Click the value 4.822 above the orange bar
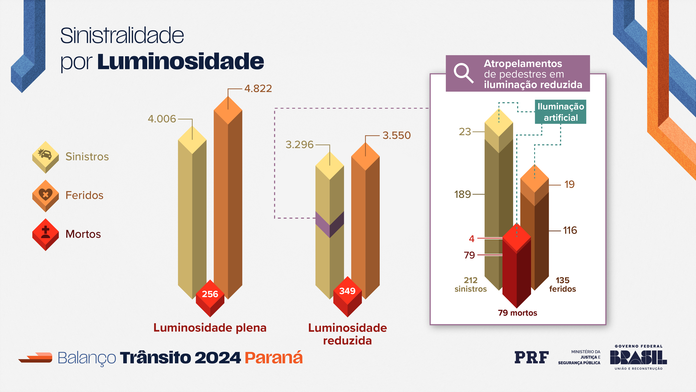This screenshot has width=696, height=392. (x=258, y=88)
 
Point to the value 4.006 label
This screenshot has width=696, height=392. (x=162, y=119)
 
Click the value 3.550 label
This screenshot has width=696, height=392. (x=396, y=135)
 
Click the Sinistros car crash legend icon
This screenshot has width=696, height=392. (x=45, y=156)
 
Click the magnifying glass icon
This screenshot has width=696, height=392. (x=463, y=73)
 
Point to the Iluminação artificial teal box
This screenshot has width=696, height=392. (x=560, y=112)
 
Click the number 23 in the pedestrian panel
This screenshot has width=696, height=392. (x=465, y=132)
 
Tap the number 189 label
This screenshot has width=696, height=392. (x=462, y=194)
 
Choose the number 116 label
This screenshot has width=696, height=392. (x=570, y=230)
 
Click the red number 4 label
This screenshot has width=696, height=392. (x=471, y=239)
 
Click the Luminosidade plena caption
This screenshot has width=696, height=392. (x=210, y=328)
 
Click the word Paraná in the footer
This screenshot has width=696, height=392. (x=274, y=358)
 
